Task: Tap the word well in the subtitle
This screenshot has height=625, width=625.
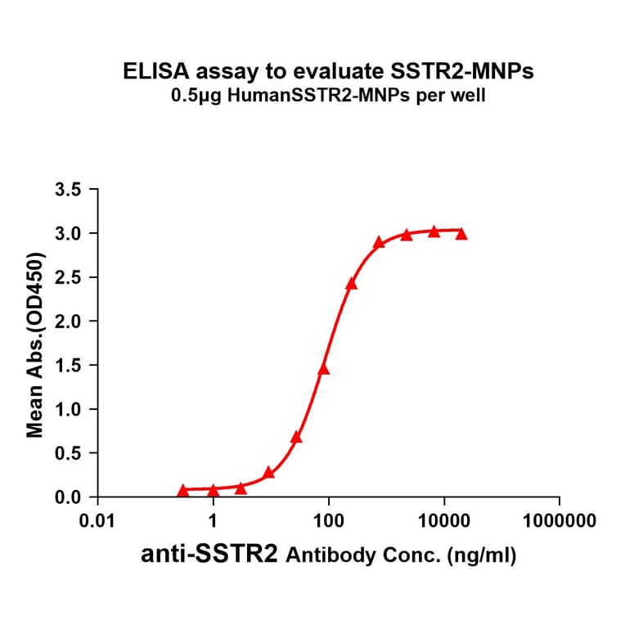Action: click(x=470, y=96)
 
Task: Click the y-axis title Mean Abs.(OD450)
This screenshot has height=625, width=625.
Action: click(x=35, y=344)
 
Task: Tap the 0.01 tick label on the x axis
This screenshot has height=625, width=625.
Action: click(x=98, y=521)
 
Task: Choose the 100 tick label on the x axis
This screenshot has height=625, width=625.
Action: click(x=329, y=521)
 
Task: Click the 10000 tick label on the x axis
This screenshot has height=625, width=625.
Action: click(x=444, y=521)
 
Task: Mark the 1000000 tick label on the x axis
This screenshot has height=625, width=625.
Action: click(x=560, y=521)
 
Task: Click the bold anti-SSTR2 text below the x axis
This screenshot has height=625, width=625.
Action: click(x=213, y=555)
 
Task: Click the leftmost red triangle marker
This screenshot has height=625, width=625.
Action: click(x=182, y=490)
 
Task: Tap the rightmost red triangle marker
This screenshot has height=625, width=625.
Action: click(x=461, y=234)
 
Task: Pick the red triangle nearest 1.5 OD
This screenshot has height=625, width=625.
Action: click(x=323, y=369)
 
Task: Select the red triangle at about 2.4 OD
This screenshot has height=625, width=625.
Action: click(x=352, y=284)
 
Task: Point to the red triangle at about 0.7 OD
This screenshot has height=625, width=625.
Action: click(x=296, y=437)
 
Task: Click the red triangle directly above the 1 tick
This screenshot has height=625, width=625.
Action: click(x=213, y=490)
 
